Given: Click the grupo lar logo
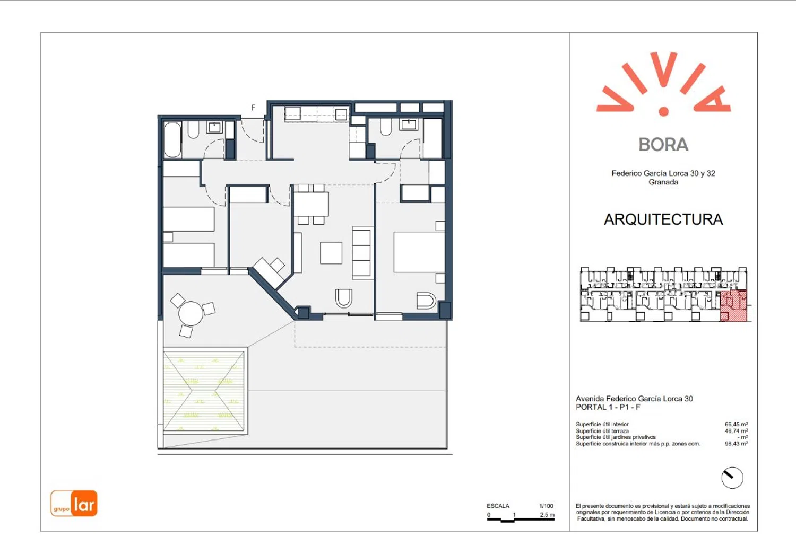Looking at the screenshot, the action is click(74, 503).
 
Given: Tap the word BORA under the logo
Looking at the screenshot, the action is click(663, 144).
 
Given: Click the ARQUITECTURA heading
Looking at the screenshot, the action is click(663, 219).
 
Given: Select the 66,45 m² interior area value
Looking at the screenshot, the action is click(736, 424).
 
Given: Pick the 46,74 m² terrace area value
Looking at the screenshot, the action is click(736, 430).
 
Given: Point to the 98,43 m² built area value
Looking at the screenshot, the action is click(736, 443).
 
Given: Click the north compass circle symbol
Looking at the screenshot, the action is click(732, 478).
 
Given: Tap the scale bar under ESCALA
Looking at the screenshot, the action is click(521, 520).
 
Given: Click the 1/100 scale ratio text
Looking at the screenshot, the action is click(546, 506).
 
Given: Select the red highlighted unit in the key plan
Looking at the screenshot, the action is click(733, 306).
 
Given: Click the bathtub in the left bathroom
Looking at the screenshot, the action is click(172, 139).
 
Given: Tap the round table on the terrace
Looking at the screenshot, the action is click(191, 313).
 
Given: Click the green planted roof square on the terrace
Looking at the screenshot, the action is click(204, 391).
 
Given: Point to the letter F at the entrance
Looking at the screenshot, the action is click(253, 108).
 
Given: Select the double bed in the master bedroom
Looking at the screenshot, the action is click(419, 252).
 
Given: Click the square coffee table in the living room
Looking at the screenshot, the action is click(331, 253).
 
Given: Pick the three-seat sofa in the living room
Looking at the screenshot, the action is click(362, 253).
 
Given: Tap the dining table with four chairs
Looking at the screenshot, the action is click(311, 204).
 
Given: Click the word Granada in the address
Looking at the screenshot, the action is click(663, 182).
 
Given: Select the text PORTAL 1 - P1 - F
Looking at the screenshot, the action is click(608, 407).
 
